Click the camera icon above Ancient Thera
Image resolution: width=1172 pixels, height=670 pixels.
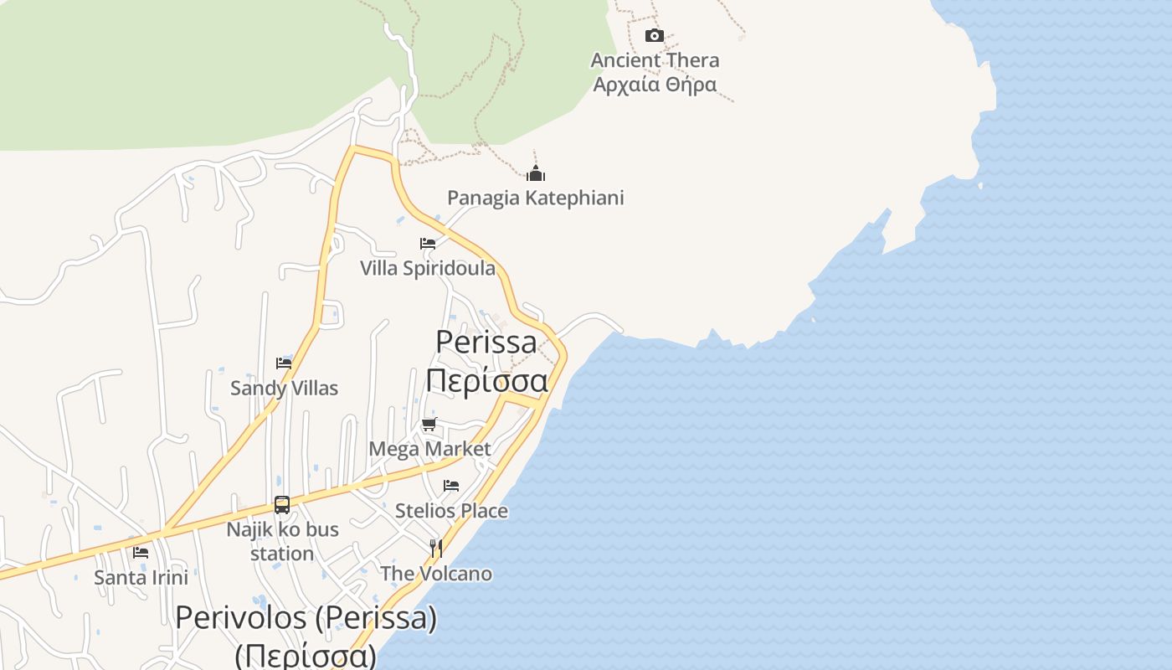[x=655, y=35]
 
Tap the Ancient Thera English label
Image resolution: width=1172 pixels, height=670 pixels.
[x=655, y=60]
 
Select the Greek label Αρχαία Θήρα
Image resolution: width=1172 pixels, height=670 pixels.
[x=655, y=85]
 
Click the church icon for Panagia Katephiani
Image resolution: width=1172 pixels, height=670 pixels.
[x=536, y=173]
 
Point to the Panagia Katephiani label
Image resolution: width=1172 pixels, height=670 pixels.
[x=536, y=198]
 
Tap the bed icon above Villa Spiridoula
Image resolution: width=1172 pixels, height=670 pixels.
[x=428, y=244]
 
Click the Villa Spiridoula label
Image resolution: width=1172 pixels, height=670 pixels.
[x=428, y=268]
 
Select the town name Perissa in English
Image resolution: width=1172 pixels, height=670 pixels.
[x=486, y=342]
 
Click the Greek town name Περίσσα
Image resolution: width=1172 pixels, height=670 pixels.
[x=486, y=379]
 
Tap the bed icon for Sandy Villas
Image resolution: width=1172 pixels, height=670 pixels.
[x=284, y=363]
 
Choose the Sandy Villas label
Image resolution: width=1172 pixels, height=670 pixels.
[x=284, y=388]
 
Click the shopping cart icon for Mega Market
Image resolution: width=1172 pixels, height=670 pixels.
[x=429, y=424]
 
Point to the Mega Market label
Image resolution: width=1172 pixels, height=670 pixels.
[x=429, y=449]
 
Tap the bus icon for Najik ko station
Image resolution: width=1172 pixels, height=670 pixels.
[x=282, y=505]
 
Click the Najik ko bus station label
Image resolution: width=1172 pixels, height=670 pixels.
[x=282, y=541]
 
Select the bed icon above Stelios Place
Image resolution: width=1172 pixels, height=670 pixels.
[x=451, y=486]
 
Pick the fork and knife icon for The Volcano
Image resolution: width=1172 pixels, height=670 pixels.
[x=435, y=549]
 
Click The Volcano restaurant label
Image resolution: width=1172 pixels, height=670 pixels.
[x=435, y=574]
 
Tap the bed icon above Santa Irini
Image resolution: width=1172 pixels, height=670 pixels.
[x=141, y=553]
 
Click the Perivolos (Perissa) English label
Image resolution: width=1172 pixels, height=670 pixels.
[x=306, y=618]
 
